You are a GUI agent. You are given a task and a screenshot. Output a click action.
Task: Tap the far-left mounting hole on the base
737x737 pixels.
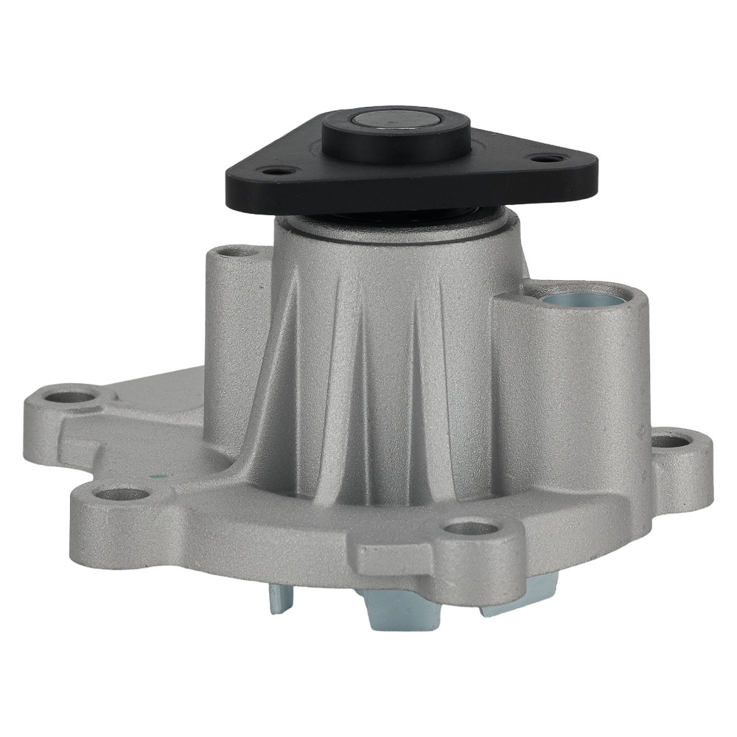(72, 397)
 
